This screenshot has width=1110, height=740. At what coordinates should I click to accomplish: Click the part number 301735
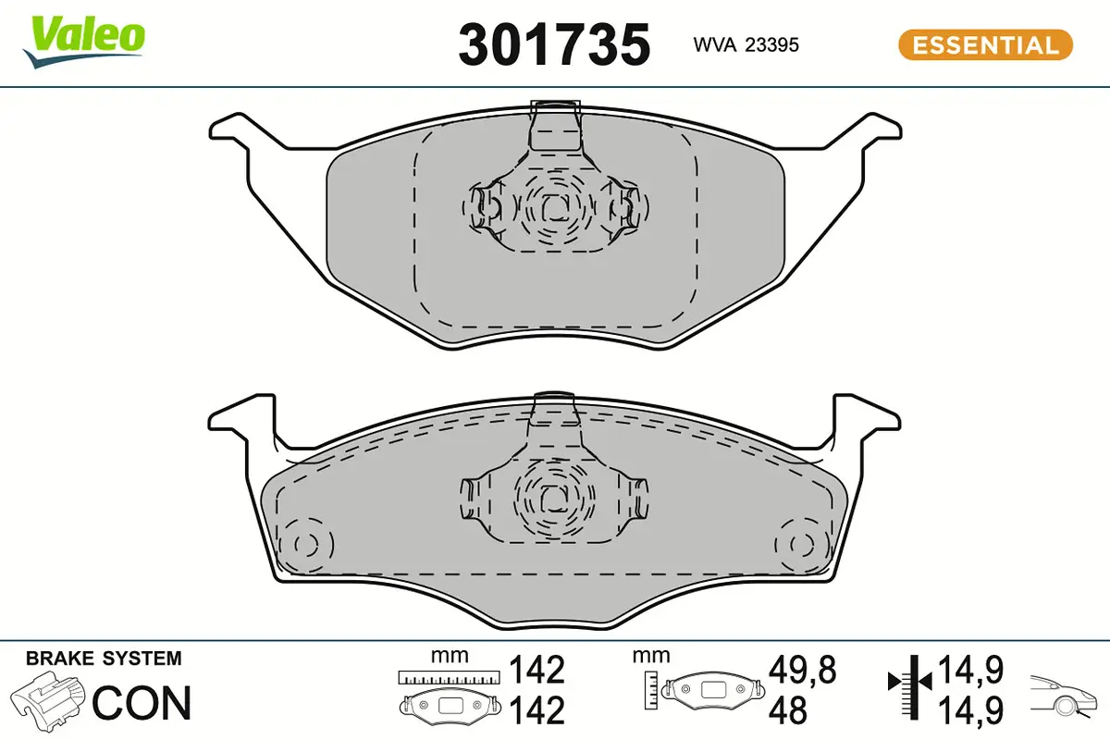[554, 44]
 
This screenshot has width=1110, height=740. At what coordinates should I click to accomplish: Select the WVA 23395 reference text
[746, 44]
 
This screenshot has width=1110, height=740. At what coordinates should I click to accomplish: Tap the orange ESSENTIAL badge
[985, 44]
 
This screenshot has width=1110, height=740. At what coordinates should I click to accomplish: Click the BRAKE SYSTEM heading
[104, 659]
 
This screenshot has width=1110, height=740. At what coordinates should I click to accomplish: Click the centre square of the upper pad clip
[553, 208]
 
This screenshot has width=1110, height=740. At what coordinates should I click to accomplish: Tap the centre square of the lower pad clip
[553, 497]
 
